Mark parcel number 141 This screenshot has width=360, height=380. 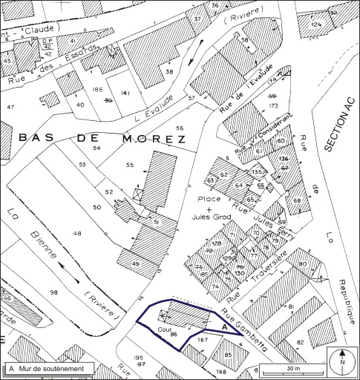(x=125, y=92)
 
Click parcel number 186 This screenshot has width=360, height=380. (x=96, y=89)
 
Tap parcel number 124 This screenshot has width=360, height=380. (x=317, y=25)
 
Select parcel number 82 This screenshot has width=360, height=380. (x=300, y=341)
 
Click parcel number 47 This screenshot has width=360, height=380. (x=10, y=108)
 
